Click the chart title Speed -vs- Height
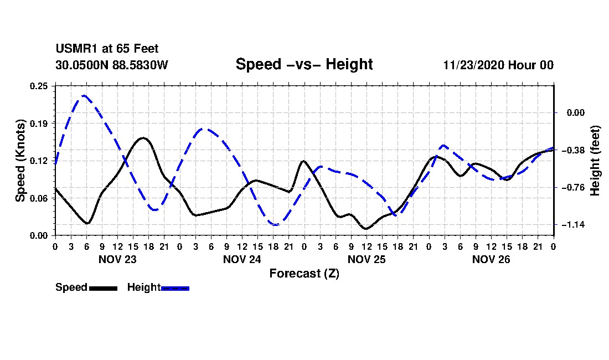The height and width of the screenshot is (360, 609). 304,64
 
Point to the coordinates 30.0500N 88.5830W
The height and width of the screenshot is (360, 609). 111,65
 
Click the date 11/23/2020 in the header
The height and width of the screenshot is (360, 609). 473,65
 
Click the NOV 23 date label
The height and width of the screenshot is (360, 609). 117,259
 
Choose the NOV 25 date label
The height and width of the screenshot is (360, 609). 366,259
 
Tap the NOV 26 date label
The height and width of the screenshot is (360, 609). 491,259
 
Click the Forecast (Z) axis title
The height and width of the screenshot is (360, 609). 304,274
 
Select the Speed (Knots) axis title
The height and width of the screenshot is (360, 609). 20,161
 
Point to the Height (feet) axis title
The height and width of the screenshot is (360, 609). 595,161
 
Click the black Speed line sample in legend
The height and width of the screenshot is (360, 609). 103,288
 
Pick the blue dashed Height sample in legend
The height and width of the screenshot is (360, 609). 175,288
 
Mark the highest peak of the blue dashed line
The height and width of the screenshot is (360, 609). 84,96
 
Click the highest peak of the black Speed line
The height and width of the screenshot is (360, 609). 143,137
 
